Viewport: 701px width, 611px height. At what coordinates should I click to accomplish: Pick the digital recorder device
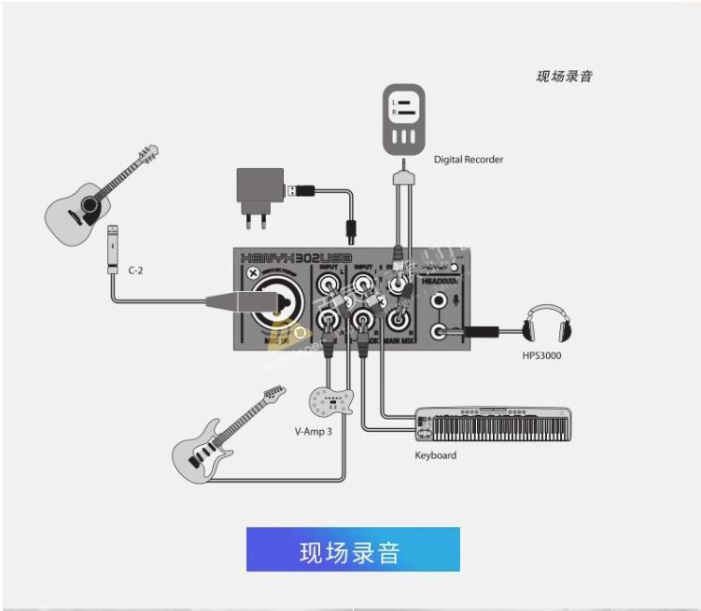(x=403, y=119)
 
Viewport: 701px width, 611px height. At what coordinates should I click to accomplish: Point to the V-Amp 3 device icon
(x=333, y=402)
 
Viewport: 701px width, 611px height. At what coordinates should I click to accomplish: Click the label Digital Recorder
(x=469, y=160)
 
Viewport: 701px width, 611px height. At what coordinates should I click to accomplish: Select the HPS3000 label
(x=541, y=355)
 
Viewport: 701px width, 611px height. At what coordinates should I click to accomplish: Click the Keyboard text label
(x=435, y=455)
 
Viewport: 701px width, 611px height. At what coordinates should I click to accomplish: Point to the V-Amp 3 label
(x=313, y=432)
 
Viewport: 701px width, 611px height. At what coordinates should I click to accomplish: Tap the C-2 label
(x=135, y=270)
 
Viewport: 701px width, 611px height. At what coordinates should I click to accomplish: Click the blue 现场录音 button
(x=353, y=549)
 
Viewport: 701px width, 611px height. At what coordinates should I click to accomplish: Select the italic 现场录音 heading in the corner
(x=564, y=76)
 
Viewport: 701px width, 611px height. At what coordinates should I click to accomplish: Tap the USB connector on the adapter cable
(x=299, y=190)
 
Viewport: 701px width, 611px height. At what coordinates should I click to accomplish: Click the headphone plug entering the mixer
(x=476, y=330)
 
